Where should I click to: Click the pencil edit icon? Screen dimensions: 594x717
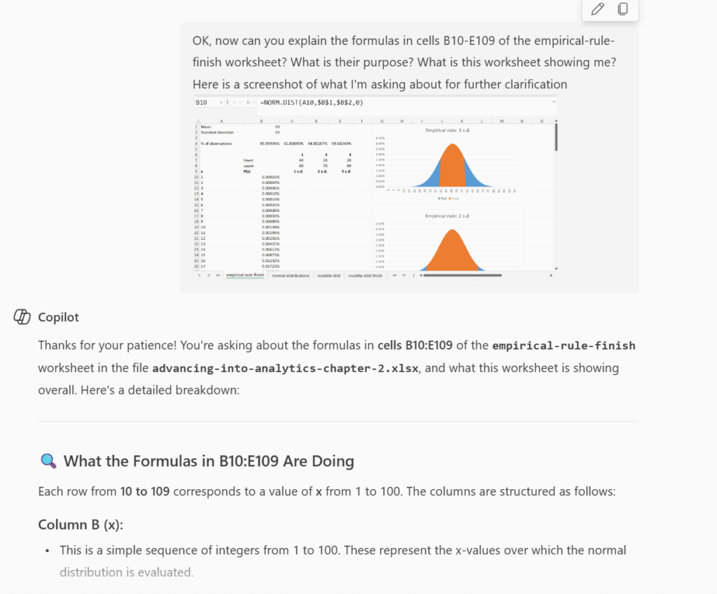tap(597, 9)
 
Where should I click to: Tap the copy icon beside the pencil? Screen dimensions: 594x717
tap(622, 9)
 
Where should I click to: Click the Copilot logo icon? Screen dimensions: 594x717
tap(22, 317)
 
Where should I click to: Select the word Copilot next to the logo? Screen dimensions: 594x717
tap(58, 317)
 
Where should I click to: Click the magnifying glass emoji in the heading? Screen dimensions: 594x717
tap(48, 461)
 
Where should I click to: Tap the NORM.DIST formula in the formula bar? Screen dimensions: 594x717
tap(312, 103)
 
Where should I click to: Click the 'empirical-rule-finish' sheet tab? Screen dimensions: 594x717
tap(246, 276)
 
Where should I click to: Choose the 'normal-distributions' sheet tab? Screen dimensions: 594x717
tap(291, 276)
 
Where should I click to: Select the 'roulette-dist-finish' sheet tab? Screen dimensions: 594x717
tap(366, 276)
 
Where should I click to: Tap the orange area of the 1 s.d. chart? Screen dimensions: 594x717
tap(452, 168)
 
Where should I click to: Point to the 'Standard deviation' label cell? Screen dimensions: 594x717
tap(217, 132)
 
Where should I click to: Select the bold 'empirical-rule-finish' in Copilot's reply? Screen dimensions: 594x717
tap(564, 346)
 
